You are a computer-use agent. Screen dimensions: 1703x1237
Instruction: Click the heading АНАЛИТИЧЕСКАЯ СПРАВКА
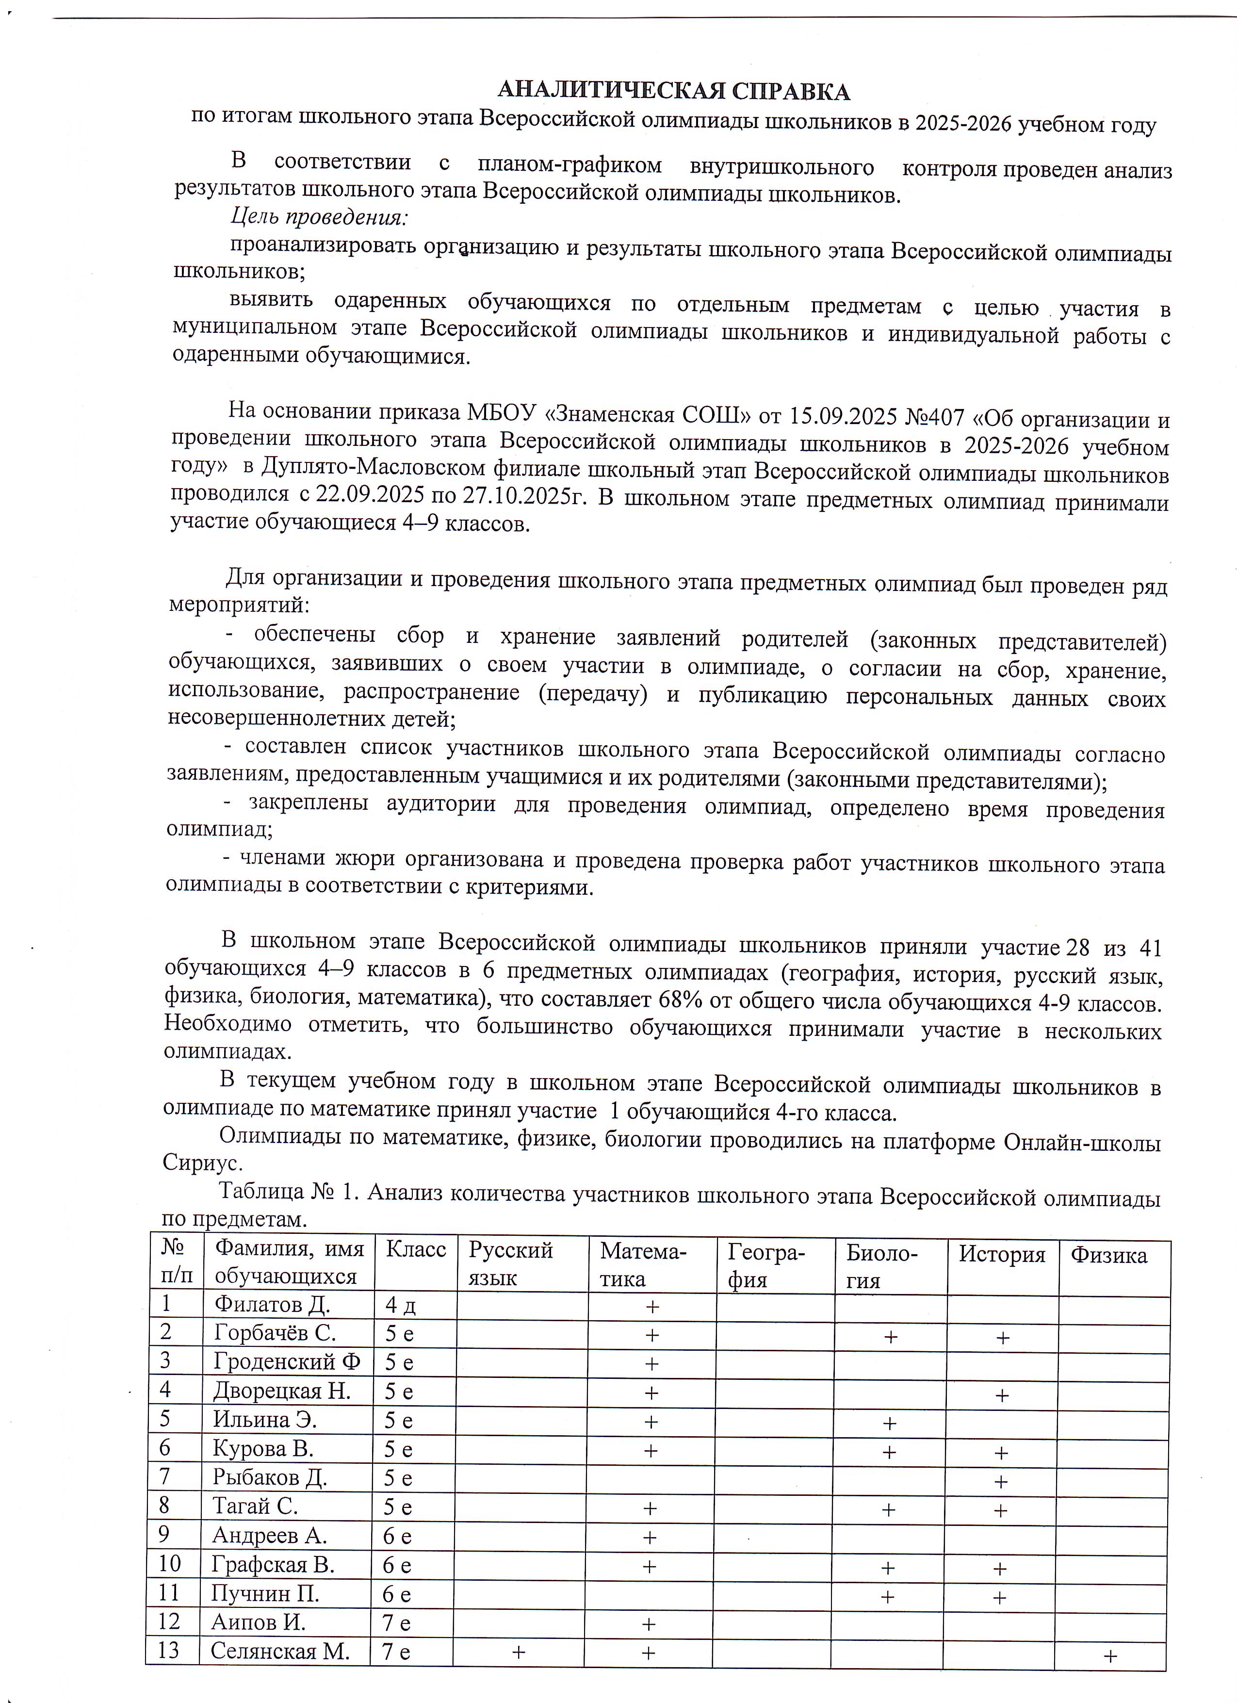[673, 92]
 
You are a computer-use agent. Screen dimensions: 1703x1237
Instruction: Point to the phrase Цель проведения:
[318, 218]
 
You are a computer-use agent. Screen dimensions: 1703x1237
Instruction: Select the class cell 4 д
[400, 1307]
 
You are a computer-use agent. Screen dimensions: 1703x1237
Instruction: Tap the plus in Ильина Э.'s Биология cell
[890, 1423]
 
